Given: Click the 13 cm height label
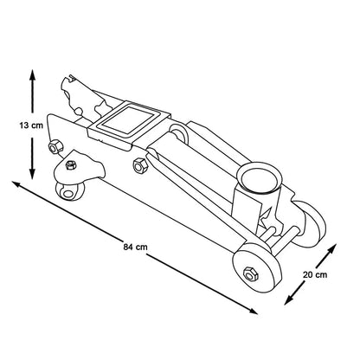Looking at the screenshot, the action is (x=31, y=125).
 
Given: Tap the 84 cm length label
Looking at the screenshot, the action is (x=135, y=247).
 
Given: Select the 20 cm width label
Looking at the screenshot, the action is (x=315, y=274).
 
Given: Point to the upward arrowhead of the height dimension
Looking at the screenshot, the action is (x=32, y=75).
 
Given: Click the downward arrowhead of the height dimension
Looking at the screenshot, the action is (x=32, y=173).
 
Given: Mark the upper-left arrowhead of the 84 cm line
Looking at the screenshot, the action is (x=16, y=183).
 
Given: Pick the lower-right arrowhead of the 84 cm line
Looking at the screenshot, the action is (x=253, y=311).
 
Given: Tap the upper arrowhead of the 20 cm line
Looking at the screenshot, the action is (x=331, y=248).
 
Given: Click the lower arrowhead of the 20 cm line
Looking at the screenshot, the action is (x=289, y=299).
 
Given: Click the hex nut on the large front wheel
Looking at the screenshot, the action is (x=251, y=273).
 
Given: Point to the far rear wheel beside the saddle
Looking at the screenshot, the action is (x=311, y=223).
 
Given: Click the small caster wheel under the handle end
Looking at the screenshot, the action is (x=69, y=191).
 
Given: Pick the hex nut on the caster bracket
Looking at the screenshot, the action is (x=71, y=165).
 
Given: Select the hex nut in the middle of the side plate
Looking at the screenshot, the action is (x=140, y=166).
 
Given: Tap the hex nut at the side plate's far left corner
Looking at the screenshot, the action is (x=55, y=147).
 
